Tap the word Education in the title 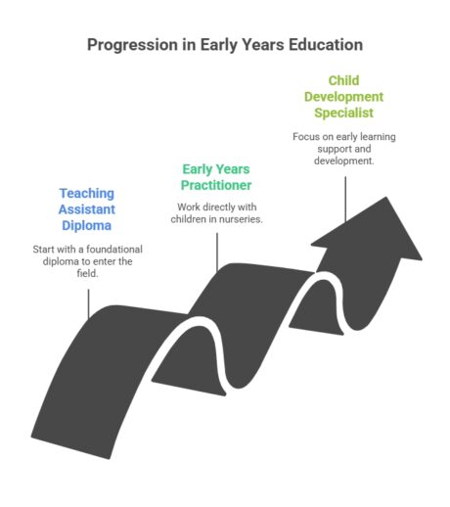click(322, 45)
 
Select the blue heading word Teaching click(87, 193)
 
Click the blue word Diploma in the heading click(87, 226)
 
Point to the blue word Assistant click(87, 209)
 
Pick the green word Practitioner click(216, 185)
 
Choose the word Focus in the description click(306, 136)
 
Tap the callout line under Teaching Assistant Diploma click(88, 299)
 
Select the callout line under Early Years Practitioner click(216, 249)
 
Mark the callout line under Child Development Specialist click(344, 193)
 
